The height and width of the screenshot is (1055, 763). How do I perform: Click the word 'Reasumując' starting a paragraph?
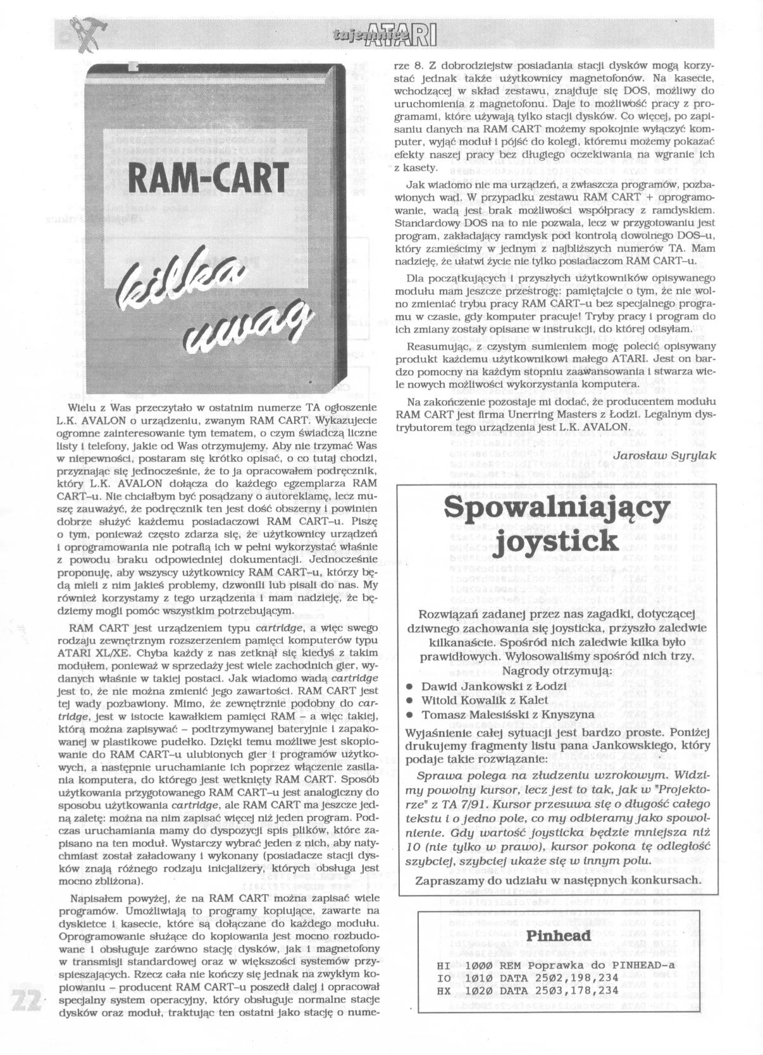point(437,347)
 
